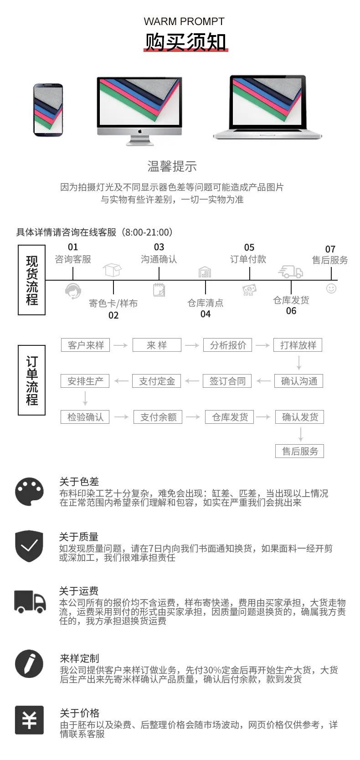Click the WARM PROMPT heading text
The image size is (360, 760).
(x=184, y=21)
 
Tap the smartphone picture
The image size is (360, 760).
(x=48, y=110)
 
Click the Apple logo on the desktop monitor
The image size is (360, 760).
(x=139, y=131)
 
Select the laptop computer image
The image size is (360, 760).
(x=267, y=107)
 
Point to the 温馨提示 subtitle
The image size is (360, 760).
(x=172, y=166)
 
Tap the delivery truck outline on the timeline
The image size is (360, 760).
(x=290, y=272)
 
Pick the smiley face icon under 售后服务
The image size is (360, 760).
(x=331, y=288)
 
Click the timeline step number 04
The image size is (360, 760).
(x=205, y=314)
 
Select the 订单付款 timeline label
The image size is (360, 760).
(x=248, y=259)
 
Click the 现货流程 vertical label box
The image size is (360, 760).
(x=31, y=280)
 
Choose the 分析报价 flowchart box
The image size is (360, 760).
(x=228, y=345)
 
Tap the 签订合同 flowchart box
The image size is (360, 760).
(x=227, y=381)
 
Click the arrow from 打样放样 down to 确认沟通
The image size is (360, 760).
(x=299, y=363)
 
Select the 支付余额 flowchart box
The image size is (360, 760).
(x=158, y=417)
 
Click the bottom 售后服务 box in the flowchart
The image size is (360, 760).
(x=300, y=451)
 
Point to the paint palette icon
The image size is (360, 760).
(x=29, y=492)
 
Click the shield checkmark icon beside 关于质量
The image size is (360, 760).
(x=29, y=546)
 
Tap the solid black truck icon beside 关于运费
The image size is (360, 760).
(x=30, y=602)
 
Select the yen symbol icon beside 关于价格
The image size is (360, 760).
(x=29, y=720)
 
